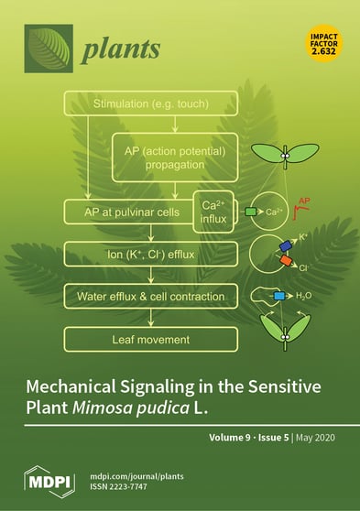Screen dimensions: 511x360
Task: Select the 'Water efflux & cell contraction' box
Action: tap(149, 297)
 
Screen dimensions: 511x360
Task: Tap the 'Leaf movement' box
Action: tap(149, 340)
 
